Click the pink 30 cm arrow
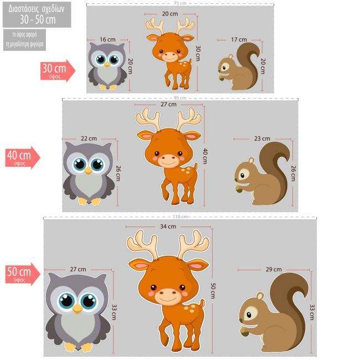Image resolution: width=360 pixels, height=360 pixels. pyautogui.click(x=56, y=71)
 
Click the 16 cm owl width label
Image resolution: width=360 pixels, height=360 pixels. pyautogui.click(x=107, y=39)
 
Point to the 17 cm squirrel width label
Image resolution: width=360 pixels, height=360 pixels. pyautogui.click(x=239, y=39)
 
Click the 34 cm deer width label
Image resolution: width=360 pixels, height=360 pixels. pyautogui.click(x=168, y=227)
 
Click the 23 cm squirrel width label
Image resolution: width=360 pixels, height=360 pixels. pyautogui.click(x=261, y=138)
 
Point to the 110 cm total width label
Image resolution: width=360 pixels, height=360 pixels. pyautogui.click(x=180, y=217)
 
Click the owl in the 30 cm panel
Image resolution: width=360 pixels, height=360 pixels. pyautogui.click(x=107, y=66)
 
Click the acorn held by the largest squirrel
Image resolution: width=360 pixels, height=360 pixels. pyautogui.click(x=244, y=331)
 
